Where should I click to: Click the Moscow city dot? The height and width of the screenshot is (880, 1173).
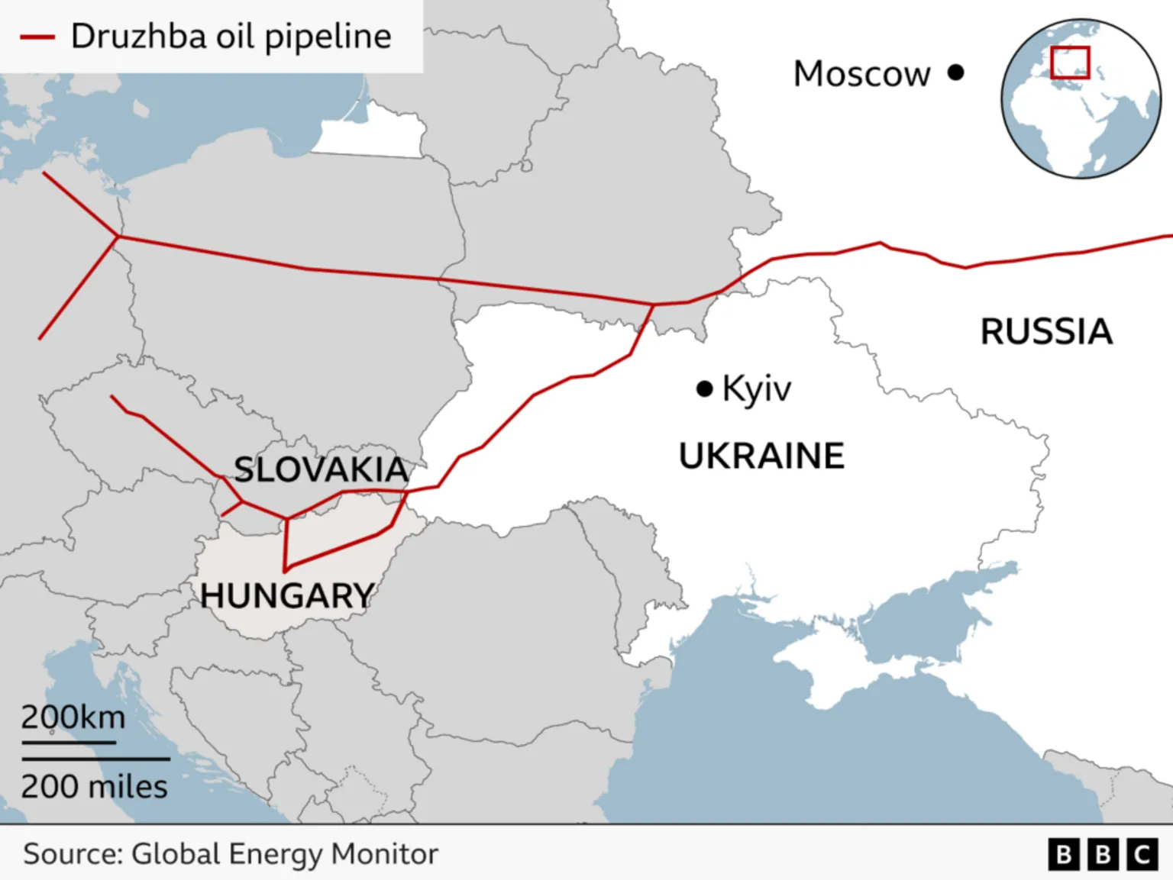(955, 73)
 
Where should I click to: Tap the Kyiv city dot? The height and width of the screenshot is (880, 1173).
(704, 389)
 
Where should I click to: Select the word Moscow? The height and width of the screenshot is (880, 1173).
(861, 74)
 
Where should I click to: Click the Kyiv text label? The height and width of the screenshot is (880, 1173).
(756, 389)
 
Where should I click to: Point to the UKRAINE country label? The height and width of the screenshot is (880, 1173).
(761, 456)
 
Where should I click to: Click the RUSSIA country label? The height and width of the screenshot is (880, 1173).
(1045, 331)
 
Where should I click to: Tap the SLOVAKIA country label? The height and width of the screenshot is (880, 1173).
(321, 469)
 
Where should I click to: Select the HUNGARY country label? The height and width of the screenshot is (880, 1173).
(287, 595)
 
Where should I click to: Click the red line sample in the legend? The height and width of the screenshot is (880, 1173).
(37, 37)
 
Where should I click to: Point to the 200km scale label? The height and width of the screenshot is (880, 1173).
(73, 717)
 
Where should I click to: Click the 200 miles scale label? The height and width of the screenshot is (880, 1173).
(94, 787)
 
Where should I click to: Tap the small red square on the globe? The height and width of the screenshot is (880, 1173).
(1069, 63)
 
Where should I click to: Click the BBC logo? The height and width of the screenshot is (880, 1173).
(1103, 854)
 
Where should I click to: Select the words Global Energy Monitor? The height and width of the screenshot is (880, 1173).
(285, 854)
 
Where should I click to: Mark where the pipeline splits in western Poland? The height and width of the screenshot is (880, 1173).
(118, 237)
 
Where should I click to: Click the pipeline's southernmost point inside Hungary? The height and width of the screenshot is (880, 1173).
(285, 570)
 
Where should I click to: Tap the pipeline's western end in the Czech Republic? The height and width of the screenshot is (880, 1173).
(111, 396)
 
